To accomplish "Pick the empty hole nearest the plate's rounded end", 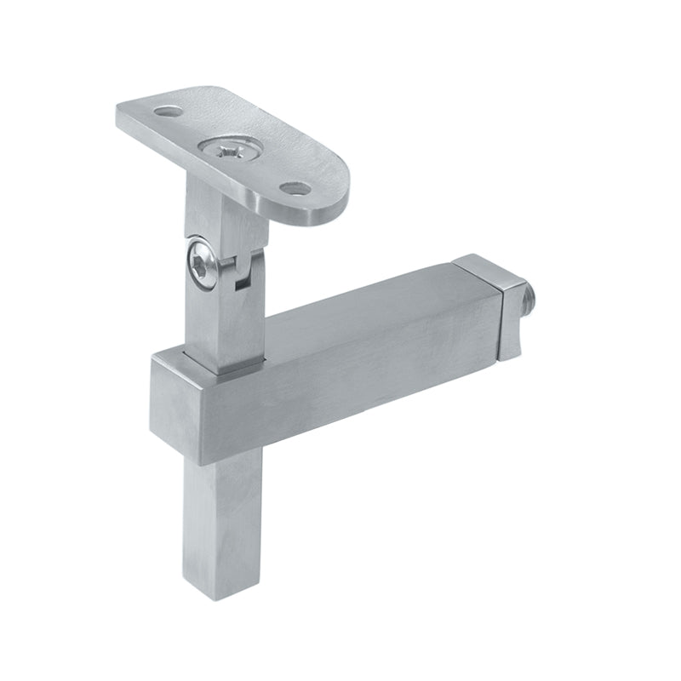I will click(295, 187).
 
